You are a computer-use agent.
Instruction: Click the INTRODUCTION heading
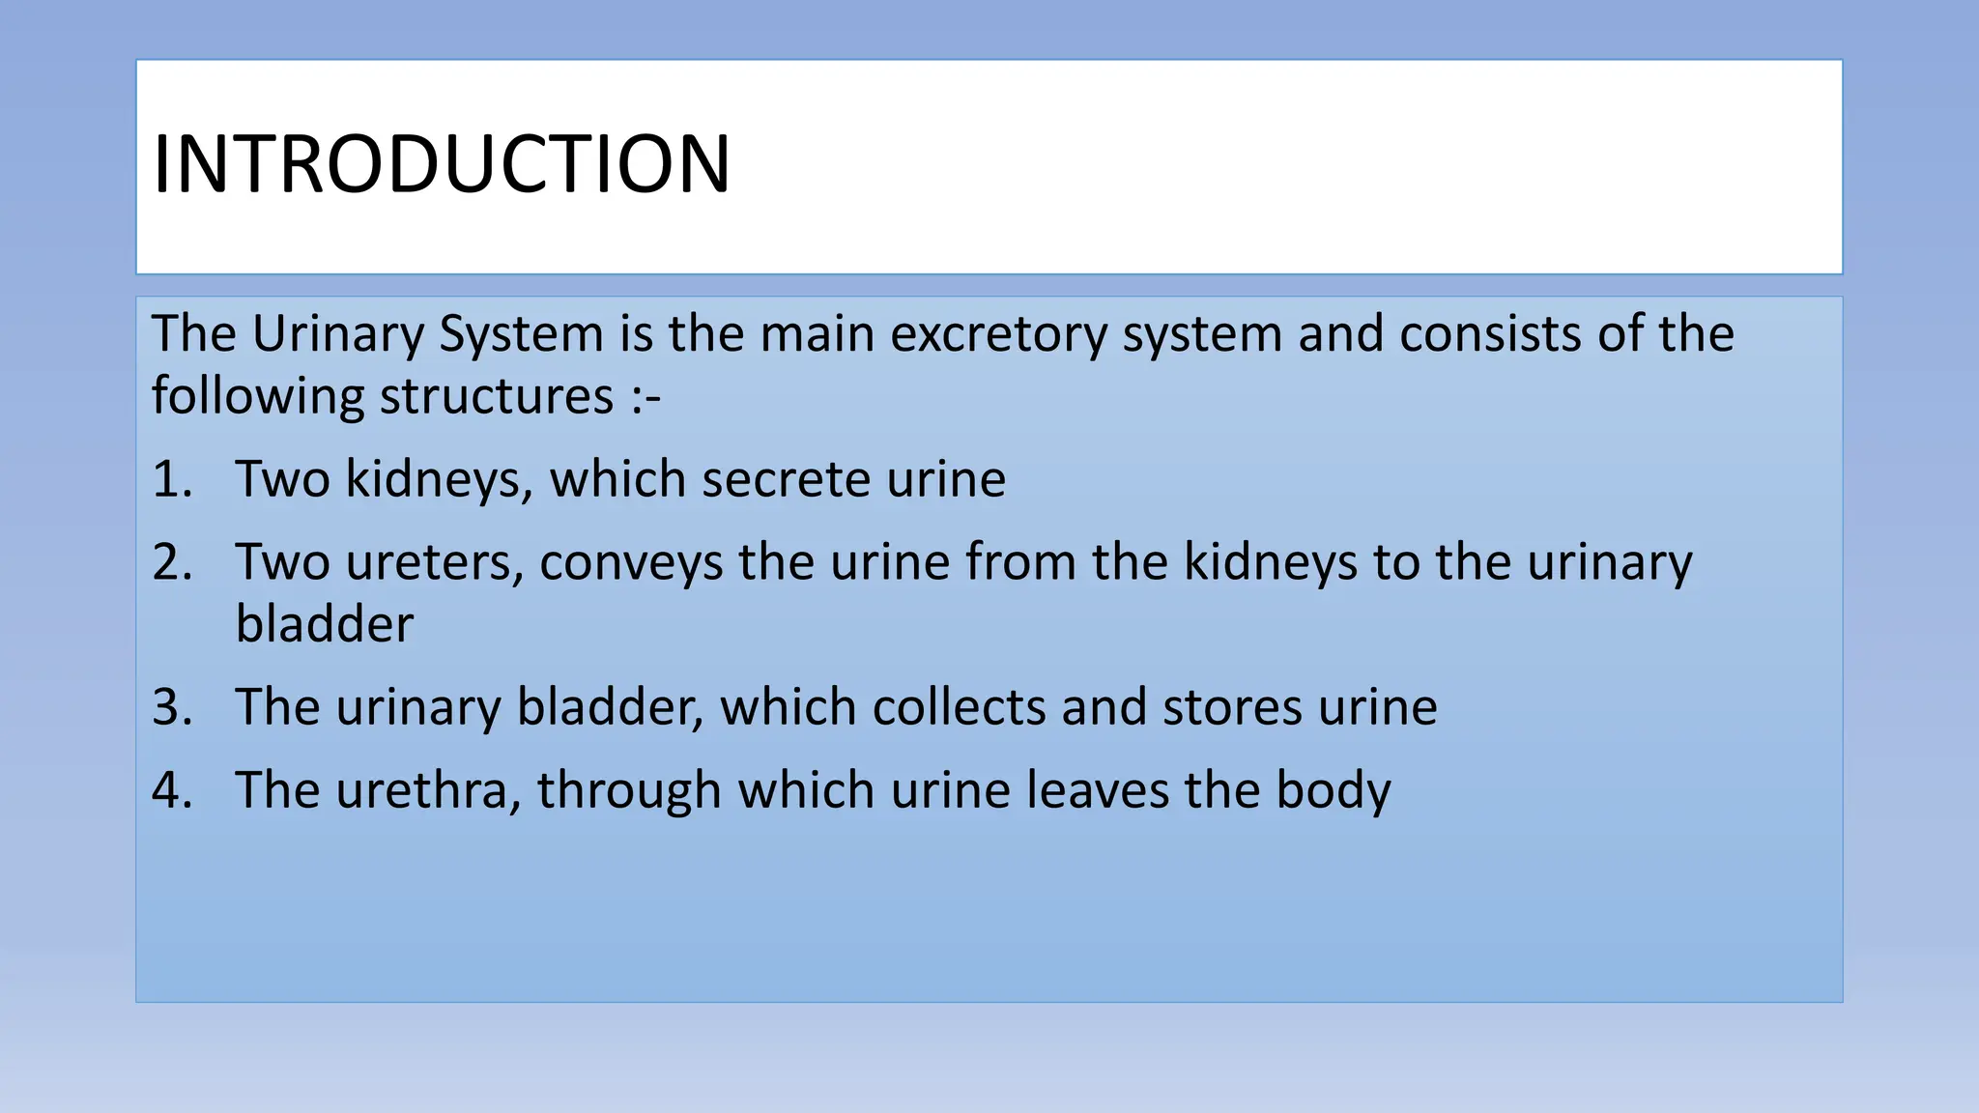(442, 164)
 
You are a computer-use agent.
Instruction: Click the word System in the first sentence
(522, 334)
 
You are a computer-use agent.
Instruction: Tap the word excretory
(998, 334)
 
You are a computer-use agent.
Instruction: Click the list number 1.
(171, 479)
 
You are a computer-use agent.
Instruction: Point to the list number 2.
(171, 562)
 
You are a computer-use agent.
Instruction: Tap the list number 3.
(171, 707)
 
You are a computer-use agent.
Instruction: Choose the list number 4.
(171, 790)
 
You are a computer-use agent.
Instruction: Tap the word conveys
(631, 562)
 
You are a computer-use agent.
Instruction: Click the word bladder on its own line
(325, 624)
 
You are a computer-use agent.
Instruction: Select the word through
(629, 790)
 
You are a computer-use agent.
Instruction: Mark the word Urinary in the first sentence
(338, 334)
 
